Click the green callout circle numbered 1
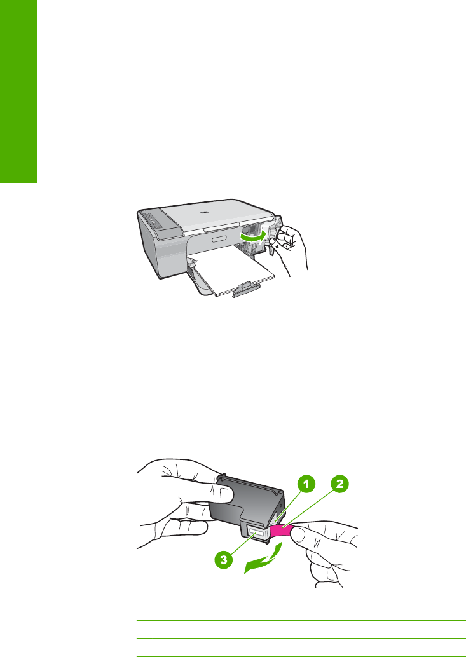(307, 484)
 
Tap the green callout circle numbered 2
(339, 484)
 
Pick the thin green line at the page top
(204, 13)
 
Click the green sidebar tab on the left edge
(18, 91)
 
